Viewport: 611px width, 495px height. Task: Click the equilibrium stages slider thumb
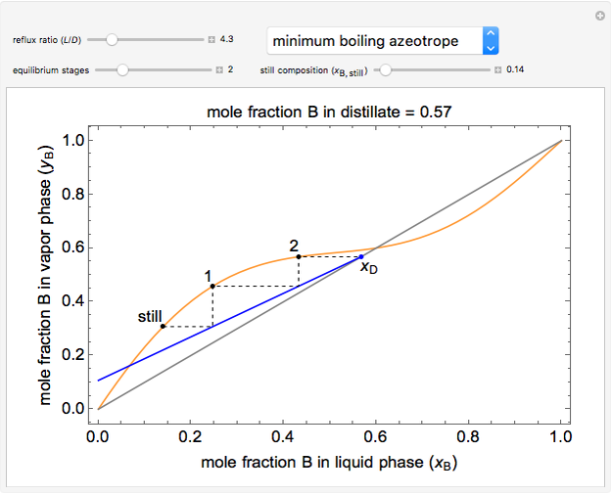click(x=122, y=70)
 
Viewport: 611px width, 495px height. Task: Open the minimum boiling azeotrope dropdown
click(x=383, y=40)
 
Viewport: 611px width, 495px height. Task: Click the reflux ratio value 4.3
click(x=225, y=40)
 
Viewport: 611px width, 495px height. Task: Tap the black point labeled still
click(x=163, y=326)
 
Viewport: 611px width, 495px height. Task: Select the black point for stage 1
click(x=212, y=286)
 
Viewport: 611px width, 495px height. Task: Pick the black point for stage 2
click(x=299, y=256)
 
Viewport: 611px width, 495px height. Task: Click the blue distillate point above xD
click(x=361, y=256)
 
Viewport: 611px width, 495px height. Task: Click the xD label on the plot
click(x=368, y=269)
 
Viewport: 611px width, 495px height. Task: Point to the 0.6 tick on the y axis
click(x=70, y=247)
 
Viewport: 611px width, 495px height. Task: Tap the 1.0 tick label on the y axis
click(x=70, y=141)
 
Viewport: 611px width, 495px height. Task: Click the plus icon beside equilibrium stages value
click(x=220, y=70)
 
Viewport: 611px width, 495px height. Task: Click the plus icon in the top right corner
click(x=599, y=16)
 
